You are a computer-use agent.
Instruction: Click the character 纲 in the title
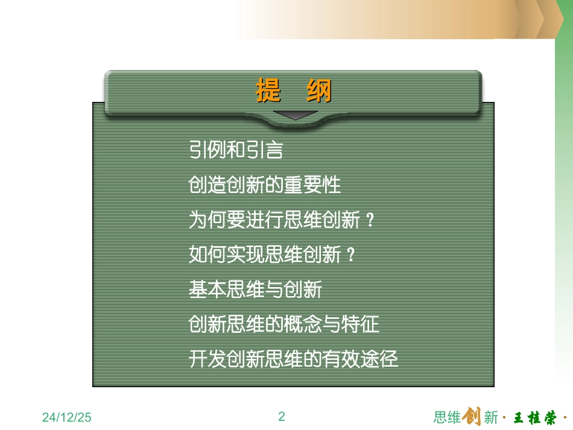[x=318, y=92]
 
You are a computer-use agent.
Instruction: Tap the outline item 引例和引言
[x=236, y=150]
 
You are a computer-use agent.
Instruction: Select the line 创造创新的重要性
[x=265, y=185]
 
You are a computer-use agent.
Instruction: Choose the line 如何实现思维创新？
[x=273, y=255]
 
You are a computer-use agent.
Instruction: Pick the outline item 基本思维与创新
[x=255, y=290]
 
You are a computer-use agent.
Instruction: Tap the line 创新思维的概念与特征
[x=284, y=325]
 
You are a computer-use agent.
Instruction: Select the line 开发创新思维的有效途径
[x=294, y=360]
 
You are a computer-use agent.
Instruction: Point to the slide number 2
[x=282, y=416]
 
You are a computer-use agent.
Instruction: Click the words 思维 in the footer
[x=447, y=417]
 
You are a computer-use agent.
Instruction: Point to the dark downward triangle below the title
[x=294, y=115]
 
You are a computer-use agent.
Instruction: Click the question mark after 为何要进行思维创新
[x=370, y=221]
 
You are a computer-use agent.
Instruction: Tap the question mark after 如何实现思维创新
[x=351, y=256]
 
